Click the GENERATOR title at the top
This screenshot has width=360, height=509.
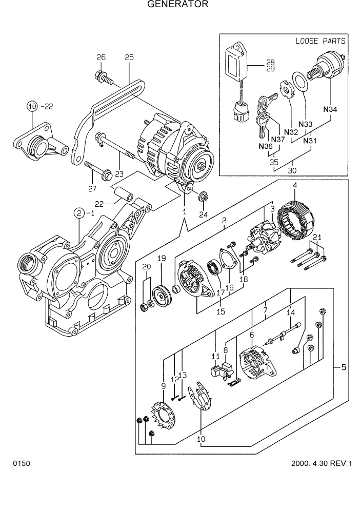(x=178, y=5)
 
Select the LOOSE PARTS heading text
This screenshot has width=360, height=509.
(x=320, y=41)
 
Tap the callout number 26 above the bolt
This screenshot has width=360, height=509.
(x=101, y=57)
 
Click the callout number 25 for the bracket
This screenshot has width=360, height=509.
(x=129, y=57)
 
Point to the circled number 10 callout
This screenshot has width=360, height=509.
(x=32, y=106)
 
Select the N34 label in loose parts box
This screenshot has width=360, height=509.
(x=330, y=109)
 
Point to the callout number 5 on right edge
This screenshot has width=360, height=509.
(x=343, y=367)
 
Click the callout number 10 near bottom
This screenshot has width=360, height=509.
(x=201, y=439)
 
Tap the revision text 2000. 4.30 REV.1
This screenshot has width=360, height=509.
(x=321, y=464)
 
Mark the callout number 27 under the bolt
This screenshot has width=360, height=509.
(x=92, y=189)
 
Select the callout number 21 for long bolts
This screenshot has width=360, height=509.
(x=317, y=237)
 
